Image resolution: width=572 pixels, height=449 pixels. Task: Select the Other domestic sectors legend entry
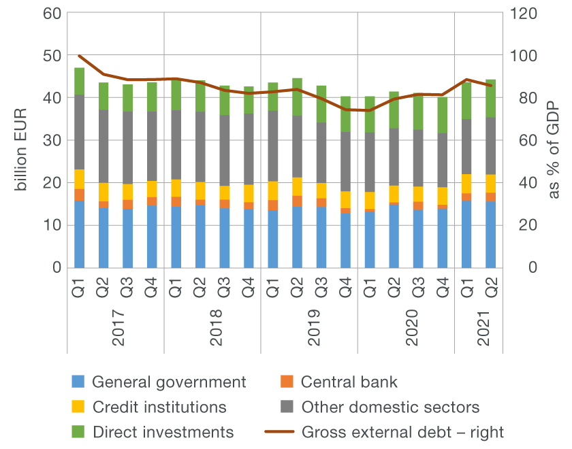click(x=390, y=407)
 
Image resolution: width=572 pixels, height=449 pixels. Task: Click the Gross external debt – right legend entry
click(x=402, y=432)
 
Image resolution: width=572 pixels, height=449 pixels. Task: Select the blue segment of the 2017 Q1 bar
click(x=80, y=234)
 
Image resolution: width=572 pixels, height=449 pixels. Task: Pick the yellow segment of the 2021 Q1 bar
click(x=467, y=184)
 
